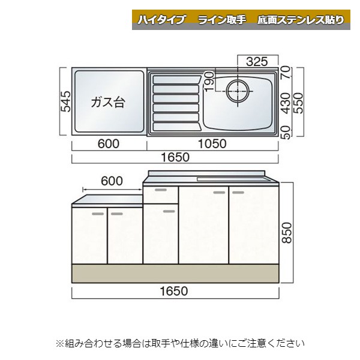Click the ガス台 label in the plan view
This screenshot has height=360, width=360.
[107, 102]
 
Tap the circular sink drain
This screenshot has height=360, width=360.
[238, 91]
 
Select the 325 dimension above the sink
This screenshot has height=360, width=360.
[257, 62]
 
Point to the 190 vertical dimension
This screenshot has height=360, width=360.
[209, 82]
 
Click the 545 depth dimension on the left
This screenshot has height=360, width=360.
[66, 101]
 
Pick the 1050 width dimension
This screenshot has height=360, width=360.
[212, 144]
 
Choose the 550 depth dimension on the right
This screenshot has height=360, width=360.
[299, 103]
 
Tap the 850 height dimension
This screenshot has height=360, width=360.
[287, 233]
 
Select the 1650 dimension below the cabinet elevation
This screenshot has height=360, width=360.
[174, 291]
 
